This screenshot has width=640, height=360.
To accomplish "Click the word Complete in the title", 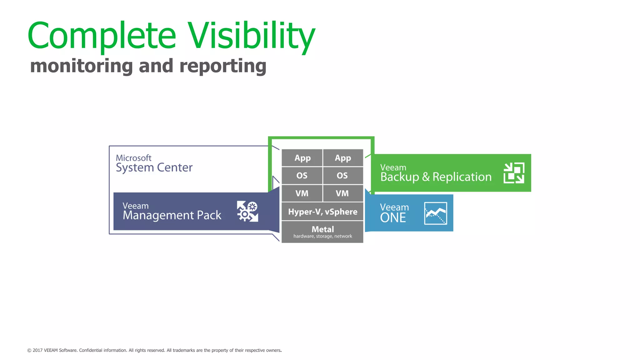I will click(x=102, y=36).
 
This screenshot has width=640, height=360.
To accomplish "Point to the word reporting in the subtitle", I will click(x=223, y=67).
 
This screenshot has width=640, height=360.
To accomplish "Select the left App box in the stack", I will click(x=302, y=158).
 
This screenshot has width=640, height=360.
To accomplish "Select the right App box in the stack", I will click(x=343, y=158).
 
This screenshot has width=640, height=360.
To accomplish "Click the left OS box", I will click(x=302, y=176).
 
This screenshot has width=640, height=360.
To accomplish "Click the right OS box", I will click(x=342, y=176).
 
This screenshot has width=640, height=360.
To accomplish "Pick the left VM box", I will click(x=302, y=193).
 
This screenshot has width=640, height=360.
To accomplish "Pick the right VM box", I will click(x=342, y=193).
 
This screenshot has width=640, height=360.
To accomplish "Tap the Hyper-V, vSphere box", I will click(x=322, y=212).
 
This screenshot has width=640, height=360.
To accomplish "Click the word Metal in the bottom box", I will click(x=322, y=229).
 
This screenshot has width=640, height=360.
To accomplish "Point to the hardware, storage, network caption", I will click(x=322, y=236).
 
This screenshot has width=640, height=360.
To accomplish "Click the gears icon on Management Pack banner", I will click(x=247, y=211).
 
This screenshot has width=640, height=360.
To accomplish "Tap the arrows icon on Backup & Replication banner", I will click(x=514, y=173).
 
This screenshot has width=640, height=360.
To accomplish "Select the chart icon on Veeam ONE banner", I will click(x=435, y=213).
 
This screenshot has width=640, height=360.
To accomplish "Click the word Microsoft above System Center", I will click(x=133, y=158).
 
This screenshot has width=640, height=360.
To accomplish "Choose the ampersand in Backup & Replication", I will click(x=426, y=177).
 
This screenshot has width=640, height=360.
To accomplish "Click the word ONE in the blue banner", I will click(x=393, y=218).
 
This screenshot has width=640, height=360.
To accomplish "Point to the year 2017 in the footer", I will click(x=37, y=350).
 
